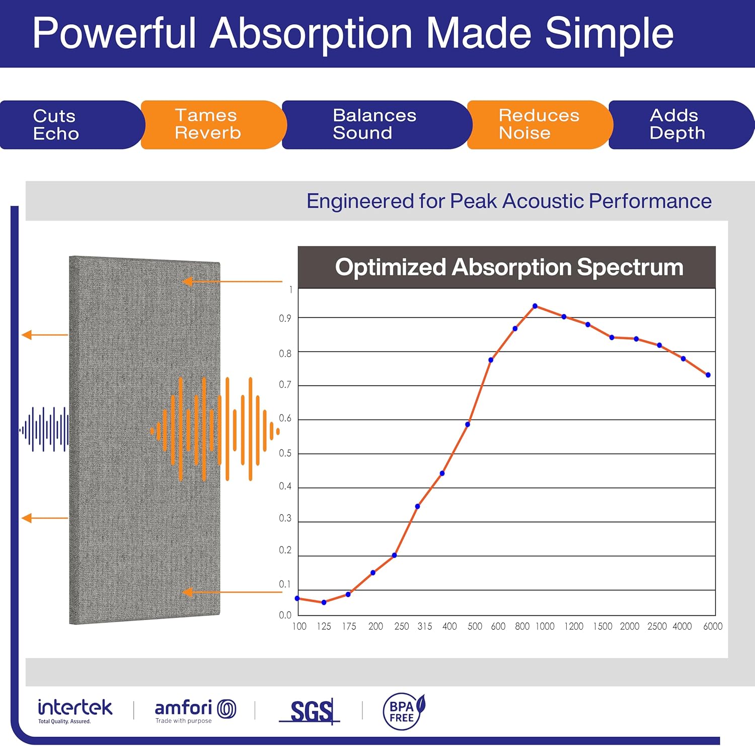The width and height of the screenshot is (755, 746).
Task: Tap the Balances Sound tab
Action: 374,124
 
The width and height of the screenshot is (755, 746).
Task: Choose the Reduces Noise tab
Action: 539,124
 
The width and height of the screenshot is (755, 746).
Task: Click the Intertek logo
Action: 75,710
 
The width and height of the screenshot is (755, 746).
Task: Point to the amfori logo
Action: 195,710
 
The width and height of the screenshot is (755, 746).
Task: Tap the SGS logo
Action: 311,712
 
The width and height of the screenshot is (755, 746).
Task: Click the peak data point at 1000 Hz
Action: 535,306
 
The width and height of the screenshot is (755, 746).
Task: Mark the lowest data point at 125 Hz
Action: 324,602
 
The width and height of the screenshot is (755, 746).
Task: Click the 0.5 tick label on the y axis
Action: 285,453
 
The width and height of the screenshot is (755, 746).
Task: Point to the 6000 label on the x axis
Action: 713,627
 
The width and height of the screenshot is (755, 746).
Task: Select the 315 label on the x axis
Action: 425,627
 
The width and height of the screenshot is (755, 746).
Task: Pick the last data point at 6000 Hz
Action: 708,375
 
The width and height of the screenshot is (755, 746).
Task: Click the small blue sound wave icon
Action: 44,430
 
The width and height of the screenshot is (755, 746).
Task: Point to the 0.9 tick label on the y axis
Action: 285,318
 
